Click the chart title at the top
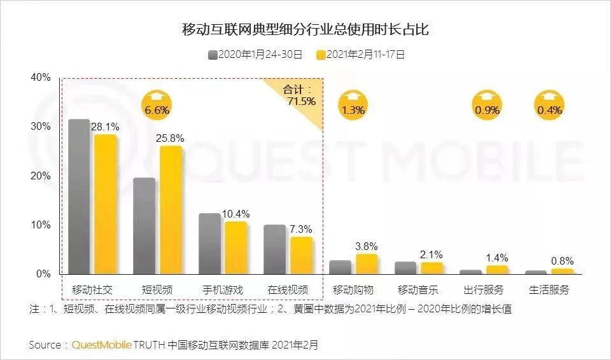(305, 30)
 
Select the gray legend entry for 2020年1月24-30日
(255, 55)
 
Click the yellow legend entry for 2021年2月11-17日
(360, 55)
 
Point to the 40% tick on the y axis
(40, 78)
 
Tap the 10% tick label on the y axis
(40, 225)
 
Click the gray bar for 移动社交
(79, 197)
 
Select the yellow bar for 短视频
(171, 210)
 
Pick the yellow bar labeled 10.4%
(235, 248)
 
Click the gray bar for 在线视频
(274, 249)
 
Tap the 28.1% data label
(106, 127)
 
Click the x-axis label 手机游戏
(222, 290)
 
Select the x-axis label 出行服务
(483, 290)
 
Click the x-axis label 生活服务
(549, 290)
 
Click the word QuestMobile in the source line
(101, 345)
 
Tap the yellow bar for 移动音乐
(432, 268)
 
